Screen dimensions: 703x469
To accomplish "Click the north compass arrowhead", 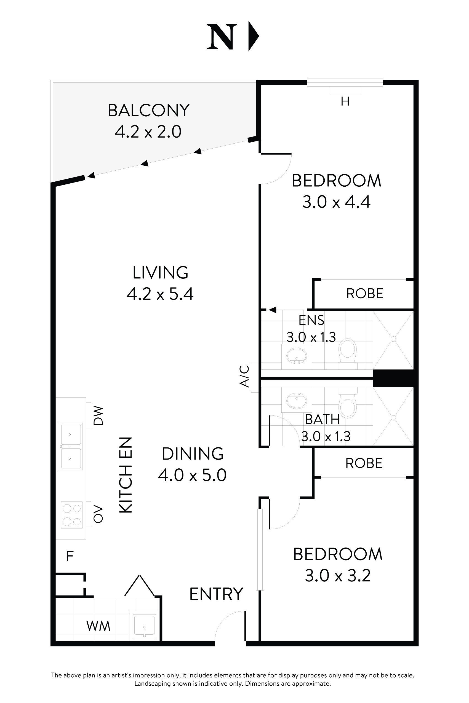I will [x=253, y=37].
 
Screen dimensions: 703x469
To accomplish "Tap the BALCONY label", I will [x=149, y=110].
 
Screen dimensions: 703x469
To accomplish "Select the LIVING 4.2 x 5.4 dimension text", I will [x=160, y=294].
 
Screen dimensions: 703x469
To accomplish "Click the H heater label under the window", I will [x=345, y=102].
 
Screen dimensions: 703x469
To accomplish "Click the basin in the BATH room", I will [x=296, y=400].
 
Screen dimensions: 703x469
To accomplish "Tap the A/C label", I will [x=245, y=377].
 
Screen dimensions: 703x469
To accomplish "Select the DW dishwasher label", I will [x=98, y=415].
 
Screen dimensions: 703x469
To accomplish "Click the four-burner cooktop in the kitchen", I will [x=71, y=515].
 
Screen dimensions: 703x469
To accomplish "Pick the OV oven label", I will [x=98, y=514].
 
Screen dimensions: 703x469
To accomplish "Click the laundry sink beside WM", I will [x=144, y=625].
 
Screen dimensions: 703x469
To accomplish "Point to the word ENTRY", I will [x=216, y=594].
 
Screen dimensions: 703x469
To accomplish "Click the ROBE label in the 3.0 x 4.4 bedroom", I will [x=365, y=294].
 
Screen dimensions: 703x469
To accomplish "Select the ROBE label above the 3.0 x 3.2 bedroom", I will [x=364, y=463].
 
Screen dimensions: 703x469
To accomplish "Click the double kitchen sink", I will [x=71, y=446].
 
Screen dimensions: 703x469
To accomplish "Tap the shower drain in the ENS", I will [x=393, y=339].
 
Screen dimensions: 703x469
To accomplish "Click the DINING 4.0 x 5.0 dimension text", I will [x=192, y=475].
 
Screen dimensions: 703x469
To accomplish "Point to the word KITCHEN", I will [x=126, y=475].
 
